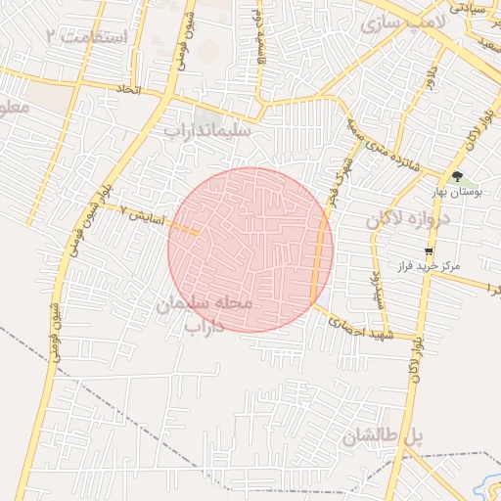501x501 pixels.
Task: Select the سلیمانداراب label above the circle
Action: [207, 130]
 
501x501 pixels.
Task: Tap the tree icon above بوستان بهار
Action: [458, 177]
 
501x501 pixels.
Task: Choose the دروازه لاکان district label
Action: [411, 220]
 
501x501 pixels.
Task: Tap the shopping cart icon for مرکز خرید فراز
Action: [429, 251]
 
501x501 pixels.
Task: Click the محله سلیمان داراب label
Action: [205, 314]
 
